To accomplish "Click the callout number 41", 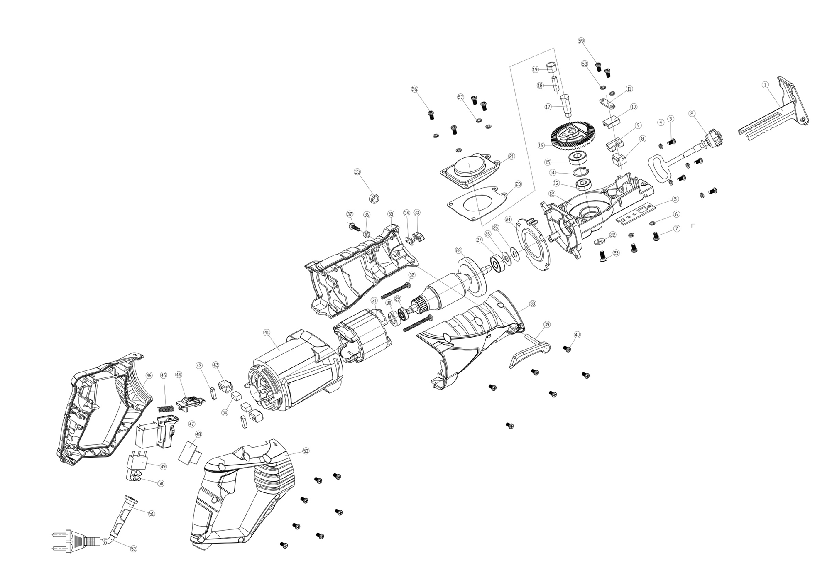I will tap(267, 332).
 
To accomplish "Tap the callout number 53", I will tap(306, 451).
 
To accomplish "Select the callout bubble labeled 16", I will tap(541, 146).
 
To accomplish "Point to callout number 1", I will tap(765, 85).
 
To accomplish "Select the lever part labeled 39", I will tap(529, 351).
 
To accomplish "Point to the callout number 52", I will tap(133, 549).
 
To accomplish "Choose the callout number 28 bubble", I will tap(458, 250).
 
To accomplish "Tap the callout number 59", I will tap(581, 41).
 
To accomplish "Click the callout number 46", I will tap(149, 375).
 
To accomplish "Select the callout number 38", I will tap(533, 304).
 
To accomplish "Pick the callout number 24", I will tap(508, 219).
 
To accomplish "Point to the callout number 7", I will tap(677, 229).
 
